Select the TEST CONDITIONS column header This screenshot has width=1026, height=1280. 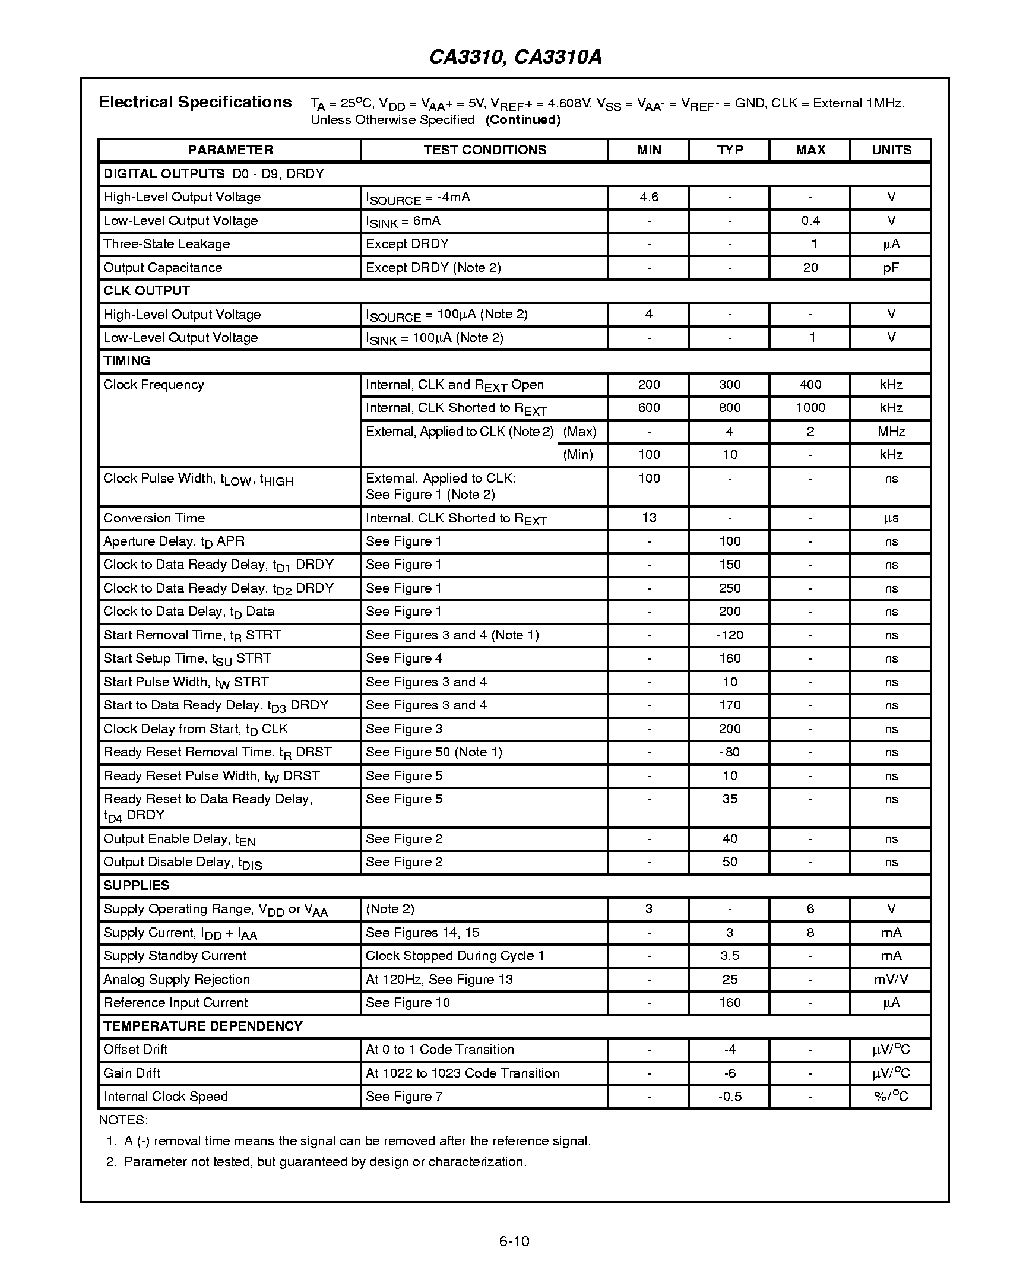(x=484, y=150)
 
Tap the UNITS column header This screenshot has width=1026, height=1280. (x=891, y=150)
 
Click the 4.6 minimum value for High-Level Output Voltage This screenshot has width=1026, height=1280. (x=648, y=197)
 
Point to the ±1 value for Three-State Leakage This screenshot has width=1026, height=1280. (x=810, y=244)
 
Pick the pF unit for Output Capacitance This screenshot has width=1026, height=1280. (x=891, y=268)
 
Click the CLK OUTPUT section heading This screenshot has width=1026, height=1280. (x=147, y=291)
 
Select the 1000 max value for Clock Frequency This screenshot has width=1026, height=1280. (x=810, y=408)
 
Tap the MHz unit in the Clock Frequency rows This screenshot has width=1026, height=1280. (x=891, y=432)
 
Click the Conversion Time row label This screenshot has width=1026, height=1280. (x=154, y=518)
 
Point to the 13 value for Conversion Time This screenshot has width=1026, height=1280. (x=648, y=518)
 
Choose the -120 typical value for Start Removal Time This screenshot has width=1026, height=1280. (x=729, y=635)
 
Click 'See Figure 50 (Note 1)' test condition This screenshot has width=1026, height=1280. (x=433, y=752)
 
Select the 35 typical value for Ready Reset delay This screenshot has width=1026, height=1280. (x=729, y=799)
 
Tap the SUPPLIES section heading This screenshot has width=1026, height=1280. (x=137, y=886)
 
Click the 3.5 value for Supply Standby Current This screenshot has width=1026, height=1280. (x=729, y=956)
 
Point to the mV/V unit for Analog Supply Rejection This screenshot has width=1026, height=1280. (x=891, y=980)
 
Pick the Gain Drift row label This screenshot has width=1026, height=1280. (x=132, y=1073)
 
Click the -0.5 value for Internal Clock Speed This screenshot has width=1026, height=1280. (x=729, y=1097)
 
